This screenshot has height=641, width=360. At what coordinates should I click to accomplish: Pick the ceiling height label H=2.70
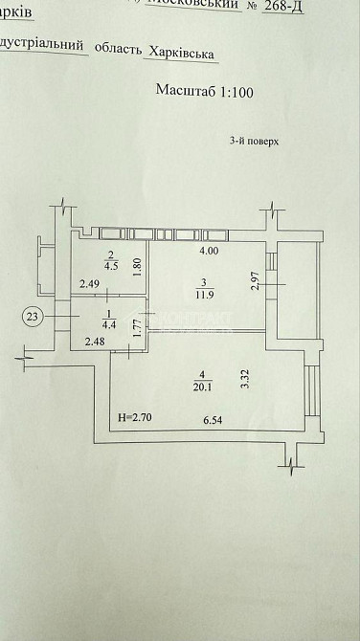click(132, 418)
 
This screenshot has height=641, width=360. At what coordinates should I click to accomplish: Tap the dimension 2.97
click(255, 282)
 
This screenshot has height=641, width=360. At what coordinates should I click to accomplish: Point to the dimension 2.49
click(89, 283)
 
